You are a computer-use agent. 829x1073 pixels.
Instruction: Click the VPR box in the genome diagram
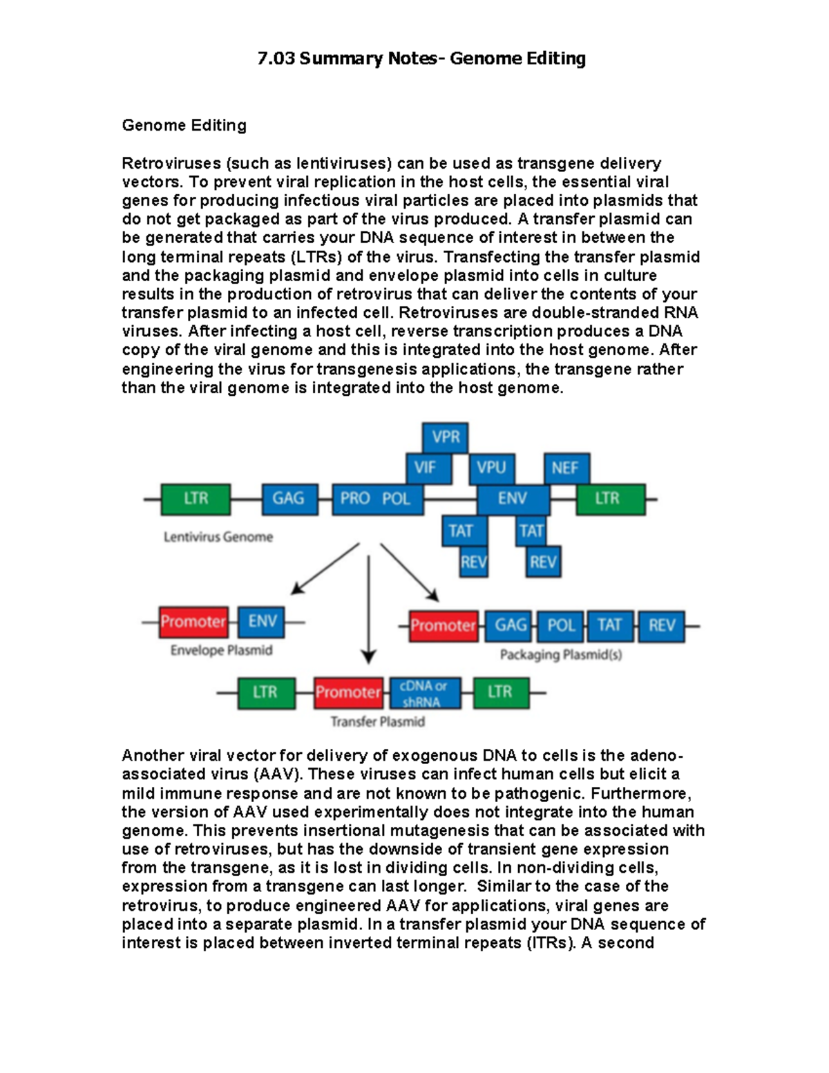446,437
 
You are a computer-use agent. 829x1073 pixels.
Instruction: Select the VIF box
428,468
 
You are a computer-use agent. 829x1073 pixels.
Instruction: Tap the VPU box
491,468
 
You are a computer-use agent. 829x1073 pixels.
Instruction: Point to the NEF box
566,468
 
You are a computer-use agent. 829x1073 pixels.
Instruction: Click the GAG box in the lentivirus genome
289,498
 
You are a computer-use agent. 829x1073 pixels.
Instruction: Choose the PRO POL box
377,498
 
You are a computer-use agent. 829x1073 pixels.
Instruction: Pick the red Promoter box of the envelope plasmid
193,622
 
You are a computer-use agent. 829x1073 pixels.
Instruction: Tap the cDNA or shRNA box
424,693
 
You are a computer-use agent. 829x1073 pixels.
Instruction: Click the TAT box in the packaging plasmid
610,626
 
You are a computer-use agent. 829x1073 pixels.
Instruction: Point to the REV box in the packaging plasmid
661,626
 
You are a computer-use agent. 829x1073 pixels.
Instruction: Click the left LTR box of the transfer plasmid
265,693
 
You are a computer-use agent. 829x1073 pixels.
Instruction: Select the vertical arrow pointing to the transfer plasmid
369,608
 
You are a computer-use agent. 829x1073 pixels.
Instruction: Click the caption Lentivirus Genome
218,537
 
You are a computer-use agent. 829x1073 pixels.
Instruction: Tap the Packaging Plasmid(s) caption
560,655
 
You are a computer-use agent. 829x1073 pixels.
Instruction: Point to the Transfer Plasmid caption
377,722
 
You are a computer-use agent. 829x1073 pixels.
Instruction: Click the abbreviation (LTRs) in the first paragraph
314,257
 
